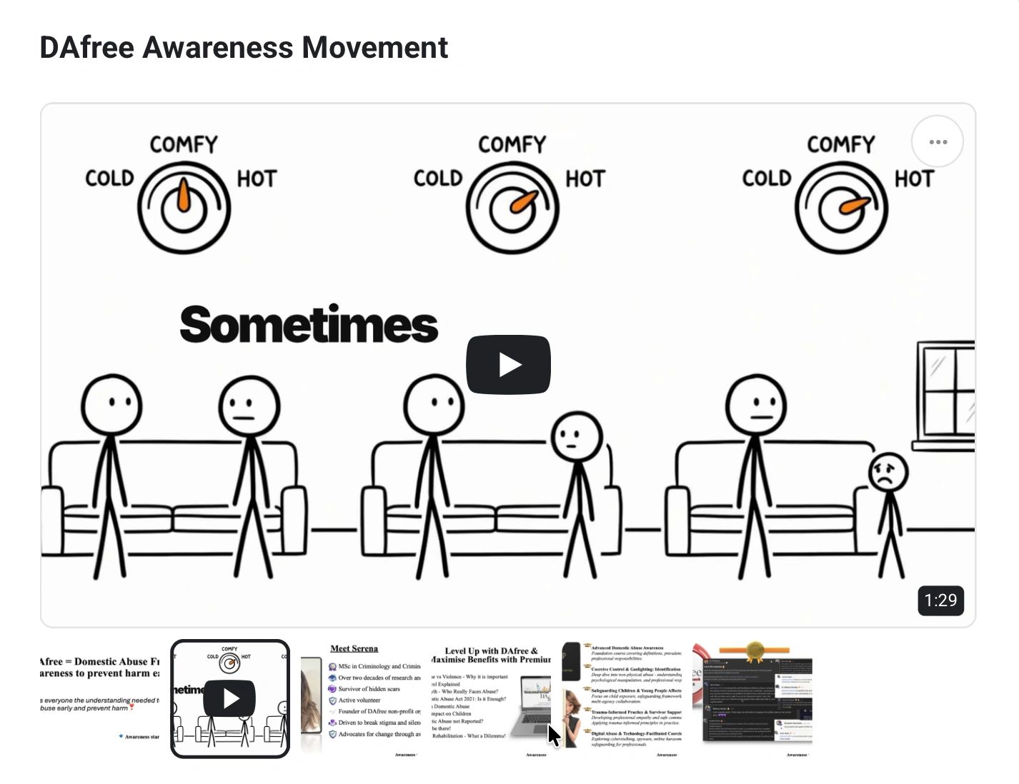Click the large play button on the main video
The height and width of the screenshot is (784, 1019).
pos(508,364)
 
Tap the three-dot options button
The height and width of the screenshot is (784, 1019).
pos(938,141)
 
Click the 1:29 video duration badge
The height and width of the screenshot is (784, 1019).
pos(940,600)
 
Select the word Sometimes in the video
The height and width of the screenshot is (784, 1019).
pos(309,326)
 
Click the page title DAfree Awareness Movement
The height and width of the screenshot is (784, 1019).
pos(244,48)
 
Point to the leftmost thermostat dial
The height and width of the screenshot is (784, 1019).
pos(184,208)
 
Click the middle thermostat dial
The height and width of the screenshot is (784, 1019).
pos(512,208)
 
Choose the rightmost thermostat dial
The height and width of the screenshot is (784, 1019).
pos(841,208)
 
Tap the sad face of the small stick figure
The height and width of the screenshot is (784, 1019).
pos(888,473)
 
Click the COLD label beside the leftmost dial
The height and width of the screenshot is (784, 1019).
pos(109,179)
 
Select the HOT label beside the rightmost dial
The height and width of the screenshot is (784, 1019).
pos(914,179)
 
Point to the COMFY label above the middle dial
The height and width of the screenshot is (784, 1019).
pos(512,145)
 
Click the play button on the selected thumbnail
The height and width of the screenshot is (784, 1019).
pos(229,698)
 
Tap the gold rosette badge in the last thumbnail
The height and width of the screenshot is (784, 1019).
pos(755,650)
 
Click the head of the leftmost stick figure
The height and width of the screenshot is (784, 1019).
pos(111,405)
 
